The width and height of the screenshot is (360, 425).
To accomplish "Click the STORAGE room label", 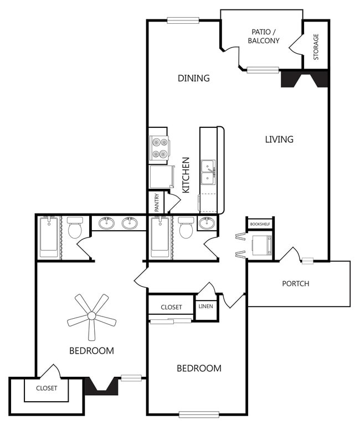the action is (x=316, y=46).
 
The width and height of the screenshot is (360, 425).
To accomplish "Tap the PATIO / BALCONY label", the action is (x=264, y=37).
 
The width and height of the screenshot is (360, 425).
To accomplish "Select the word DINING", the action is (x=194, y=78).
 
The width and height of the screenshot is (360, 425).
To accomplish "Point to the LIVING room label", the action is (x=279, y=139).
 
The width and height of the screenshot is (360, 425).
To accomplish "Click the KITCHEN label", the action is (x=186, y=175).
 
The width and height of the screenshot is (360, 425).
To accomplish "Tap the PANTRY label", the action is (x=157, y=203).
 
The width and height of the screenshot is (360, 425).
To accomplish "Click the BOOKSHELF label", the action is (x=260, y=224).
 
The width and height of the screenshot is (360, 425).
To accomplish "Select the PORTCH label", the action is (x=295, y=283).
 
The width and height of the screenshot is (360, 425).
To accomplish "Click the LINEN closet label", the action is (x=205, y=306).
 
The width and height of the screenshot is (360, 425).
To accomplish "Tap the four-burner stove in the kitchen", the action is (x=159, y=148).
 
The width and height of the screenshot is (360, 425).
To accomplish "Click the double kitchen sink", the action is (x=208, y=173).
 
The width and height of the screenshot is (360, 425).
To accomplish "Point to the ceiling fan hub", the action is (x=92, y=315).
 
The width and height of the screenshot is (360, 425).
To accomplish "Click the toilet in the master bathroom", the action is (x=75, y=227).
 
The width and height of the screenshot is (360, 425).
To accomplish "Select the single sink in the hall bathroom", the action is (x=207, y=223).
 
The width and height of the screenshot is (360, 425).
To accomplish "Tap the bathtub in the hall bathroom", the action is (x=160, y=237).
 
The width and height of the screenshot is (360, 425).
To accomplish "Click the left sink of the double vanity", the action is (x=106, y=223).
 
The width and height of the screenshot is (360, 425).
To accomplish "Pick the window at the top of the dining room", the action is (x=183, y=20).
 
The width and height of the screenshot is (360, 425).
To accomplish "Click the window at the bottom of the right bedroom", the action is (x=199, y=414).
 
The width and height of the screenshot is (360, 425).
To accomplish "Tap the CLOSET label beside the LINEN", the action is (x=171, y=307).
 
